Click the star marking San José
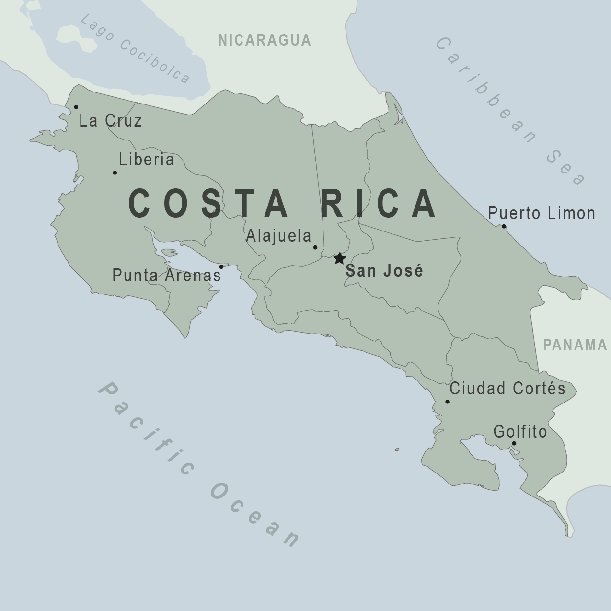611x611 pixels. coord(339,258)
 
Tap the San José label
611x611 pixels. coord(384,271)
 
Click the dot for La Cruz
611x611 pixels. coord(76,107)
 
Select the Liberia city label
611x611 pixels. coord(147,160)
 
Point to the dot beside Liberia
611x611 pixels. coord(115,173)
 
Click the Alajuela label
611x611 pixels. coord(278,236)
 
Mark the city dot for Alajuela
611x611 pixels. coord(315,247)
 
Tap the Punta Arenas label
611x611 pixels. coord(166,275)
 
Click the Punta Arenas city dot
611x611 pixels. coord(221,267)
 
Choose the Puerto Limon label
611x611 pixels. coord(542,213)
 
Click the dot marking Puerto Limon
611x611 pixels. coord(504,226)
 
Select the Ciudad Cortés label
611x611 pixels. coord(507,388)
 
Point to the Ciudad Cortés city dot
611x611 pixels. coord(448,402)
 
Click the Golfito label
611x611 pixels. coord(520,432)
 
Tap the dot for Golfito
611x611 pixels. coord(514,443)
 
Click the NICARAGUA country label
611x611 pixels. coord(265,40)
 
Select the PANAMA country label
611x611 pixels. coord(575,345)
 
